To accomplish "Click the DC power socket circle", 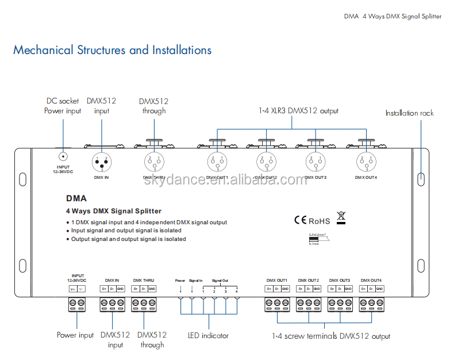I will pos(63,156).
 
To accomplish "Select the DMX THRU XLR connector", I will pos(153,162).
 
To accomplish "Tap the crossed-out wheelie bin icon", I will pos(341,217).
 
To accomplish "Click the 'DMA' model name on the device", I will pos(76,198).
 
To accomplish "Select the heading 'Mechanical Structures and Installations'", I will pos(112,50).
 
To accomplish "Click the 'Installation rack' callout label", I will pos(409,113).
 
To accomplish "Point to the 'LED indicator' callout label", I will pos(208,335).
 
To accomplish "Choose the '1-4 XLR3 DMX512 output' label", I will pos(298,110).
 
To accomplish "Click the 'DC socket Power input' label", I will pos(63,106).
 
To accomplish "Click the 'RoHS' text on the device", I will pos(320,221).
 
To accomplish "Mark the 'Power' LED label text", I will pos(180,281).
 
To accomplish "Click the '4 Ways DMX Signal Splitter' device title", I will pos(114,211).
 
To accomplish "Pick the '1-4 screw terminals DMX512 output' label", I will pos(331,336).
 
